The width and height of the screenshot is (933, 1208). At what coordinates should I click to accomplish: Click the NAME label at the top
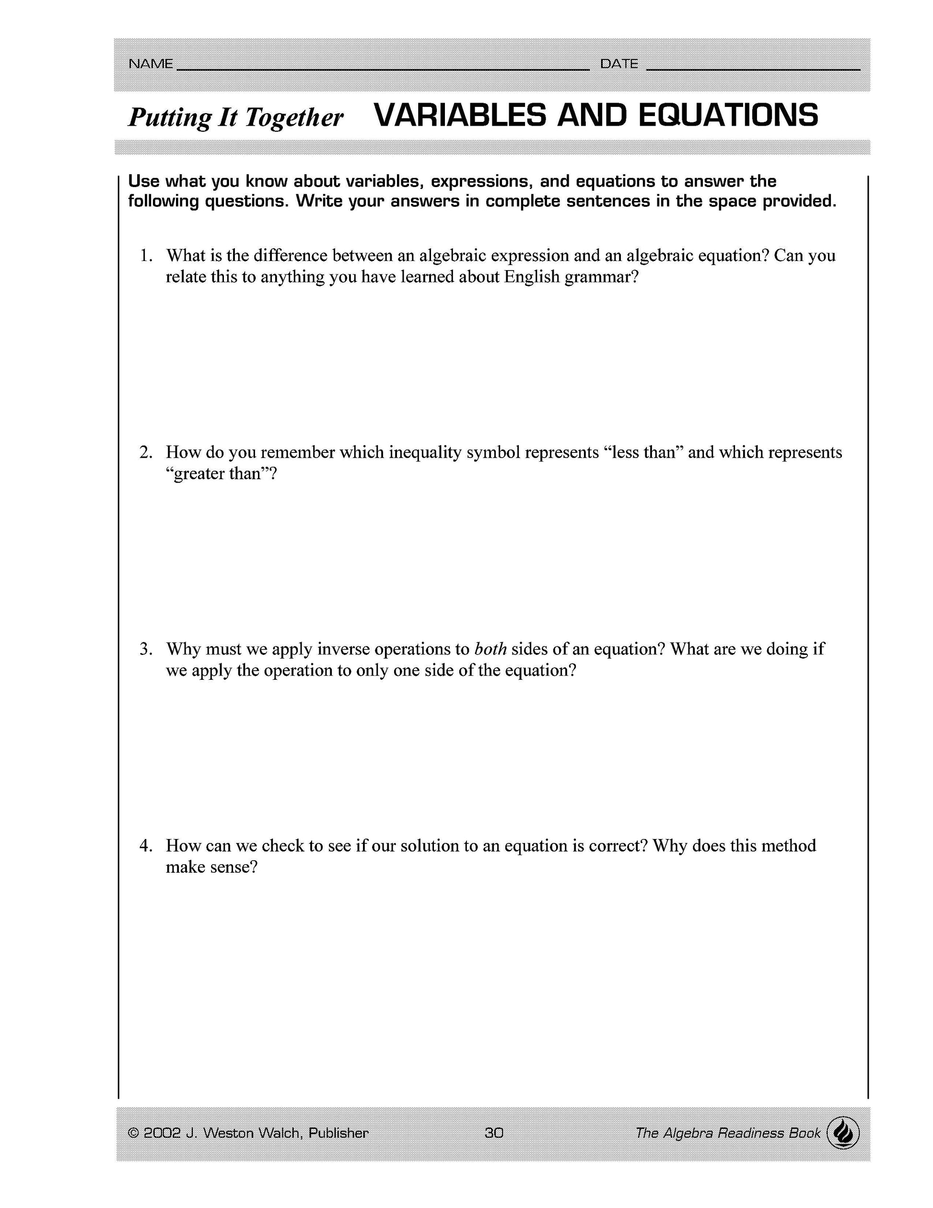click(151, 64)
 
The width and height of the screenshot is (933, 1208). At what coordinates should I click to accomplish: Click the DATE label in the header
click(619, 64)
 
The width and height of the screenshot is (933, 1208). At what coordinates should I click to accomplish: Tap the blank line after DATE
click(753, 69)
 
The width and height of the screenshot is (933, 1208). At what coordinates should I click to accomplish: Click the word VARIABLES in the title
click(460, 116)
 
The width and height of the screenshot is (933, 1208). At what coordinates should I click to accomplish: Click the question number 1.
click(145, 256)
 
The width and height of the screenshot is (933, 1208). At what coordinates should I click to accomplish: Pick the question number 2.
click(145, 452)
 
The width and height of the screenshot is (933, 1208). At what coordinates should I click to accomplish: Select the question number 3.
click(145, 649)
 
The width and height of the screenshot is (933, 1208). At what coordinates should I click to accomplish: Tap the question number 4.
click(145, 846)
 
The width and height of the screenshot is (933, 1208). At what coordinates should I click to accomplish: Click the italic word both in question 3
click(491, 649)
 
